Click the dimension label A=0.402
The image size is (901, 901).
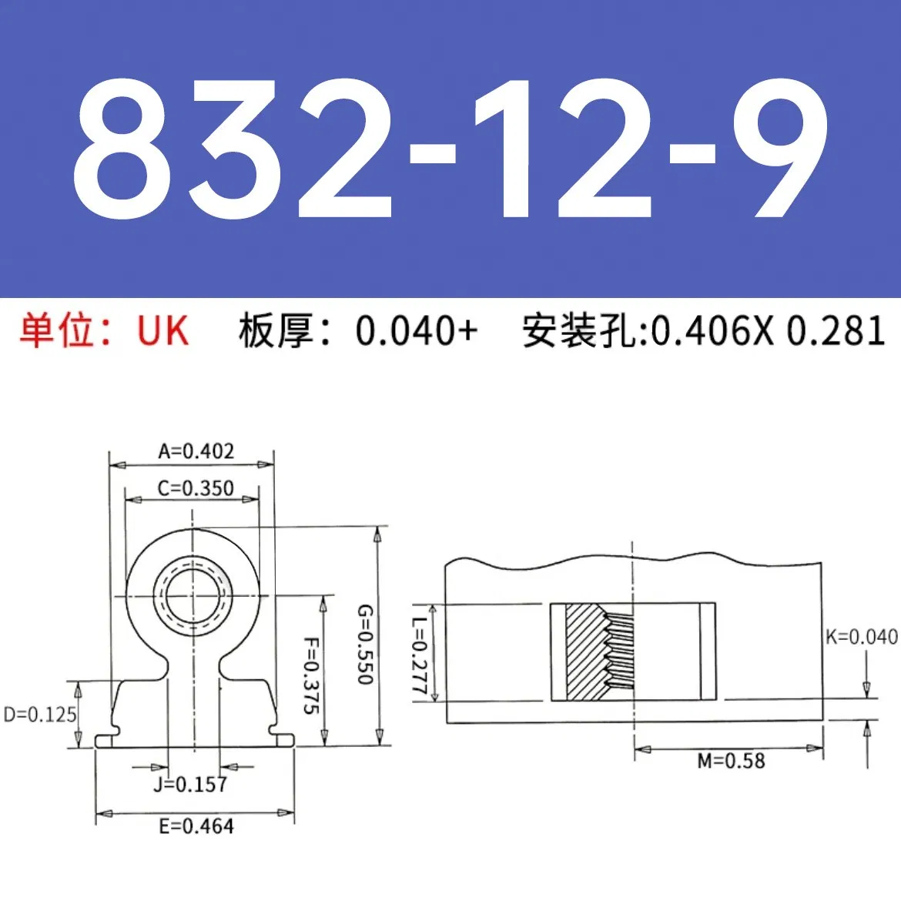click(196, 451)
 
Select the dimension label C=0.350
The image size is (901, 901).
click(196, 488)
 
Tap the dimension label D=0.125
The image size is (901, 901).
click(40, 715)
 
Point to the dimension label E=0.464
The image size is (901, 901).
click(196, 826)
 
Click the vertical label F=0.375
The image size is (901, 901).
click(310, 675)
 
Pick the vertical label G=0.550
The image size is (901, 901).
click(364, 645)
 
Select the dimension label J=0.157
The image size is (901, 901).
click(190, 785)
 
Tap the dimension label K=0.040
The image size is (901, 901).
click(861, 637)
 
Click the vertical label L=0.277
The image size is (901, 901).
click(419, 657)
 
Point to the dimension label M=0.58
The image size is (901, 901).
click(731, 762)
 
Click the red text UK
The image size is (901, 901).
click(162, 331)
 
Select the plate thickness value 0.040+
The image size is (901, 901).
click(417, 331)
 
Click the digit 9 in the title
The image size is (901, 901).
click(779, 150)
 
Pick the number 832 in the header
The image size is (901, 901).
click(231, 150)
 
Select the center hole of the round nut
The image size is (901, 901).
click(193, 595)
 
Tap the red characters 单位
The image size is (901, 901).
click(56, 331)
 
